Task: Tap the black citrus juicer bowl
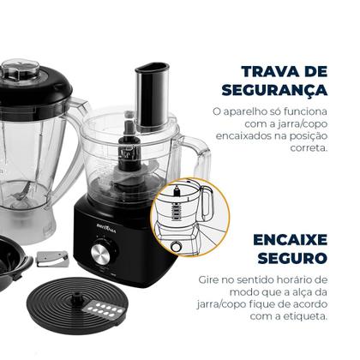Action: (x=14, y=267)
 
